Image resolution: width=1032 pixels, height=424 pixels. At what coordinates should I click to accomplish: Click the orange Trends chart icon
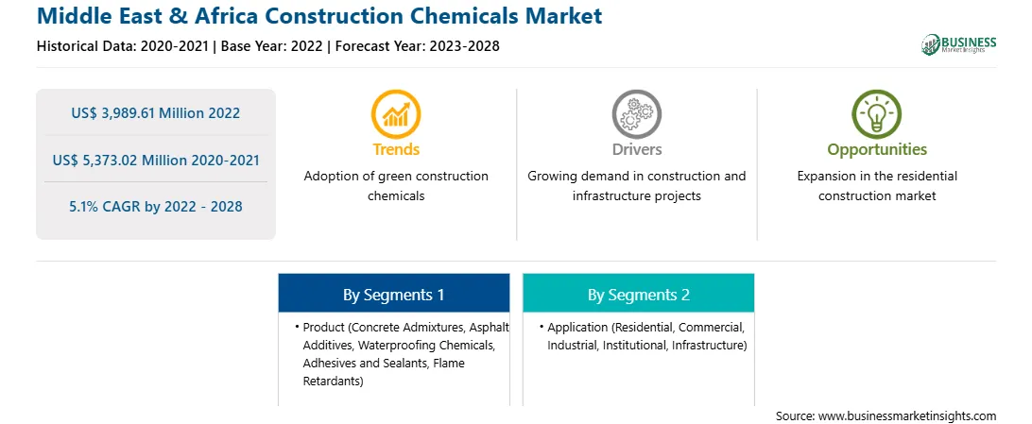(x=396, y=113)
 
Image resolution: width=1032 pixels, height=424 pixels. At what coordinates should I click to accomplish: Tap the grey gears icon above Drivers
(x=636, y=113)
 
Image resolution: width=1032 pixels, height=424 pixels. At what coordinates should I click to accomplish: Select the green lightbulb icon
(x=877, y=113)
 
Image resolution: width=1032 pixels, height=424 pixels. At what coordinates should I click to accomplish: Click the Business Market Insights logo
(x=958, y=44)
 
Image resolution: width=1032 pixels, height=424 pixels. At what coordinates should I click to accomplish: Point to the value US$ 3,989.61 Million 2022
(x=155, y=113)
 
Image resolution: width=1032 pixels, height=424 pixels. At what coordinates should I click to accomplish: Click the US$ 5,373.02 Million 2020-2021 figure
(x=155, y=160)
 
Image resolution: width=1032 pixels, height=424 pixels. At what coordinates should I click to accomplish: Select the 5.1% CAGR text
(x=155, y=207)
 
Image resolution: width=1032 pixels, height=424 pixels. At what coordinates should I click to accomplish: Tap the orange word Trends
(x=396, y=149)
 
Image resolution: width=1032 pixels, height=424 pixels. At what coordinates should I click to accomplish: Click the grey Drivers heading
(x=636, y=149)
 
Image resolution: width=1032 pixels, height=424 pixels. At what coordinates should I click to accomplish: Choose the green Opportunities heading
(x=877, y=150)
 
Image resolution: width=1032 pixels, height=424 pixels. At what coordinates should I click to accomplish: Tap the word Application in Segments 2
(x=577, y=328)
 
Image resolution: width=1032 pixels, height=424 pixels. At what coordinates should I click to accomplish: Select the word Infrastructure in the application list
(x=708, y=345)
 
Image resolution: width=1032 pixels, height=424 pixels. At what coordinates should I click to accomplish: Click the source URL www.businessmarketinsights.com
(x=906, y=416)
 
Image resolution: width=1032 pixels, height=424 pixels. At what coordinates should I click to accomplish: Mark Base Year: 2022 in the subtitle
(x=272, y=46)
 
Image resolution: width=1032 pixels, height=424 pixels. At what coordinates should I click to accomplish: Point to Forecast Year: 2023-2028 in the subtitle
(x=417, y=46)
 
